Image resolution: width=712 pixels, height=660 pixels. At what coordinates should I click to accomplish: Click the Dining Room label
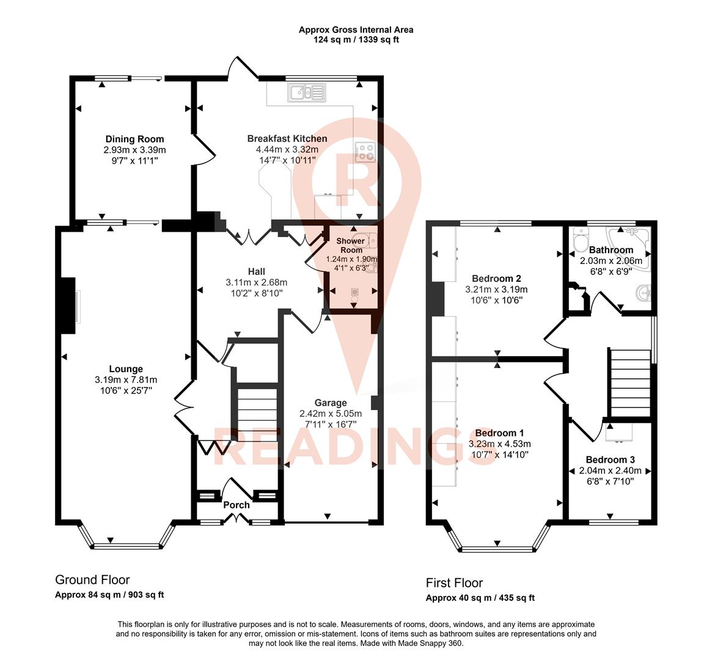point(134,139)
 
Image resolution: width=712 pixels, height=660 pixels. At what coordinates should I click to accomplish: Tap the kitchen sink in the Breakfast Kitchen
point(307,93)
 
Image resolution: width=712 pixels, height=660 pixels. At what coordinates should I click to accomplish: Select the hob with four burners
point(365,152)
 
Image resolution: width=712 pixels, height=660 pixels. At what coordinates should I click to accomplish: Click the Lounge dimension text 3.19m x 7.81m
point(125,380)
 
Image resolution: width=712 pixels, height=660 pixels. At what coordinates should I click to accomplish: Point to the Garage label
point(331,403)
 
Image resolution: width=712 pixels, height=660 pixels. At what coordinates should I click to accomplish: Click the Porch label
point(237,505)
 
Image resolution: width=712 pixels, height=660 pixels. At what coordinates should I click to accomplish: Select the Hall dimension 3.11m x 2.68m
point(256,282)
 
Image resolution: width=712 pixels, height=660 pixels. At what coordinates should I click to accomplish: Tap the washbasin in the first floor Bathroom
point(642,293)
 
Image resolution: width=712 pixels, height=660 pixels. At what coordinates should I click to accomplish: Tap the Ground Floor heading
point(92,580)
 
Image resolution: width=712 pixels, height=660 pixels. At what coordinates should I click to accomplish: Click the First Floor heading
point(454,583)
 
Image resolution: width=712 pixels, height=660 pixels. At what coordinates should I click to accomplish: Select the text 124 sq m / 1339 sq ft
point(356,40)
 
